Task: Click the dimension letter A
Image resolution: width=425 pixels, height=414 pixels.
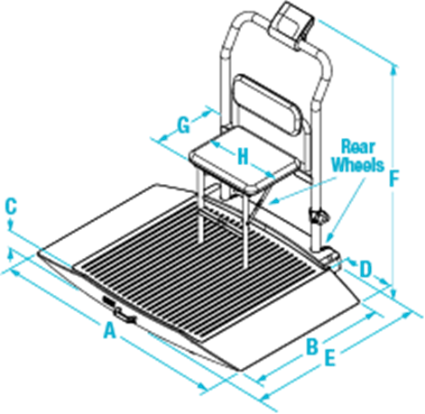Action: click(x=109, y=330)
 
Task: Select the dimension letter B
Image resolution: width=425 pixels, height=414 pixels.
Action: click(x=312, y=346)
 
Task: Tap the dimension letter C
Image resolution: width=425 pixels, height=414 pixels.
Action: click(x=11, y=207)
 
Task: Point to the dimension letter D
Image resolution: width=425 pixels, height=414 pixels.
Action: click(x=365, y=269)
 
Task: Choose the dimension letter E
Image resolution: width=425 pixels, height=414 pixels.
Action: click(x=330, y=358)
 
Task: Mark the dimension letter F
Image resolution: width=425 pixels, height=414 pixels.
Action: click(x=393, y=179)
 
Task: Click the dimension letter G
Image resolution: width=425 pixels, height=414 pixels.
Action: click(x=183, y=125)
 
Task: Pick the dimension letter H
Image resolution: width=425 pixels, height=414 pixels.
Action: click(x=243, y=157)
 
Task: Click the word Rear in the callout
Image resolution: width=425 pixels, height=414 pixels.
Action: click(x=358, y=147)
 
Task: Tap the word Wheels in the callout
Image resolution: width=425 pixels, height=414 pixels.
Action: click(x=358, y=165)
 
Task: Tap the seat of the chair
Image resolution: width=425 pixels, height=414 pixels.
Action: click(x=245, y=160)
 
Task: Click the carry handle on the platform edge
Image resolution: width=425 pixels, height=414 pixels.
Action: click(x=125, y=316)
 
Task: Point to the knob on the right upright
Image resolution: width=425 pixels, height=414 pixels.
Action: click(x=319, y=217)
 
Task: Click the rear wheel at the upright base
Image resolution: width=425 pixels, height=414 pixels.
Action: click(x=330, y=254)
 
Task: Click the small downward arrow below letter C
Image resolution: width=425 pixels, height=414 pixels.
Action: click(x=11, y=224)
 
